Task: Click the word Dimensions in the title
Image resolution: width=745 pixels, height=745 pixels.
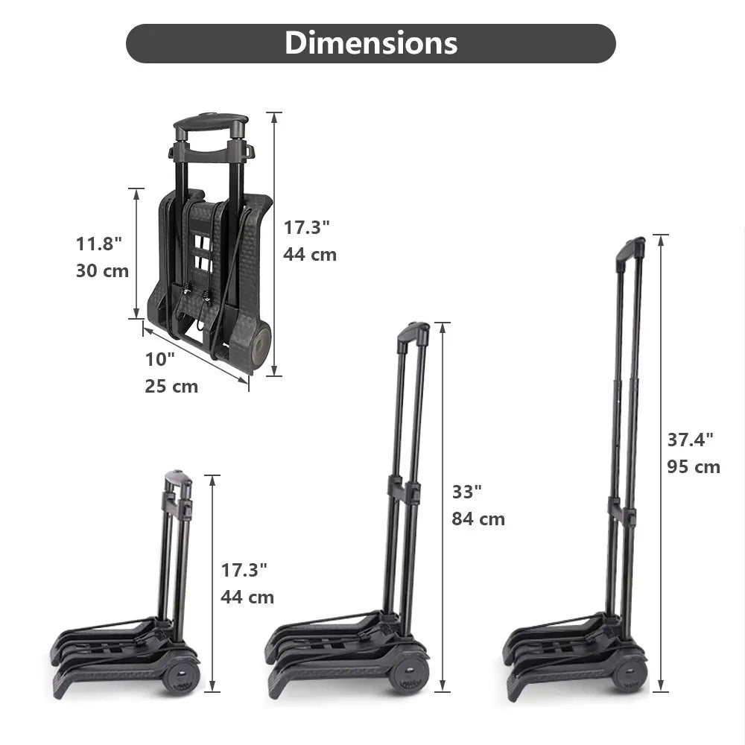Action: click(x=370, y=43)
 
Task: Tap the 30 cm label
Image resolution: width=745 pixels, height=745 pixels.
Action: click(x=102, y=270)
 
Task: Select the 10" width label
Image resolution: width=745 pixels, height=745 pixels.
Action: click(x=159, y=359)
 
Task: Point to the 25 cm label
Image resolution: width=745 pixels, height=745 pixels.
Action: click(x=171, y=387)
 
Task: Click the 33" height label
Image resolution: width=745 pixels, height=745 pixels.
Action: click(x=467, y=492)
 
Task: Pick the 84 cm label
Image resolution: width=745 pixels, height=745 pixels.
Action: click(x=478, y=519)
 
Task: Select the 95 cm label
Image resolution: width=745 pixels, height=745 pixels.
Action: click(x=694, y=467)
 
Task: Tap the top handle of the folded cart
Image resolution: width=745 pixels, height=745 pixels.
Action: click(x=210, y=122)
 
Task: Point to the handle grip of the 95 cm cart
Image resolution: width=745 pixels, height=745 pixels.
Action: click(x=630, y=248)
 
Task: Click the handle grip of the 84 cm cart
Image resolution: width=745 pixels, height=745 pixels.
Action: click(x=414, y=332)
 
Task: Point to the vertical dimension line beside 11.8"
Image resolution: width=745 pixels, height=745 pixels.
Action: click(x=136, y=253)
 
